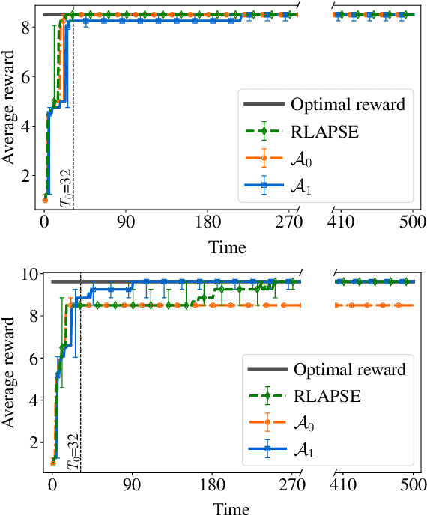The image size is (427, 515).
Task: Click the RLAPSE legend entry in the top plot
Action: click(x=327, y=132)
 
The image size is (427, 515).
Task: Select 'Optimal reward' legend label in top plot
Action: click(x=348, y=104)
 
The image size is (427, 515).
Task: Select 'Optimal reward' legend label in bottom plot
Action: click(x=349, y=369)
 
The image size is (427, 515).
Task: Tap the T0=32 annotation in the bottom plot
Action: click(x=73, y=452)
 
